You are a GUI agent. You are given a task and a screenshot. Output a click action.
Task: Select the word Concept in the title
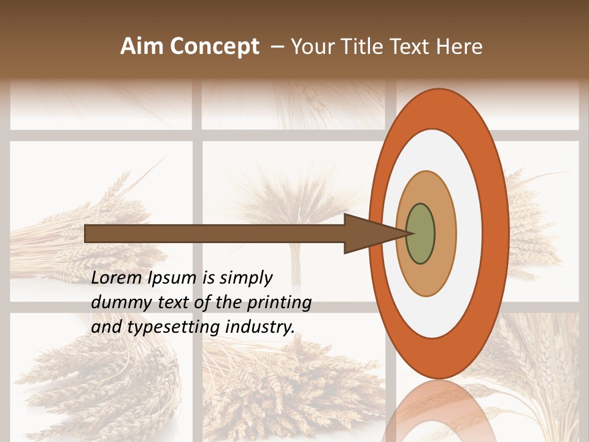pos(215,47)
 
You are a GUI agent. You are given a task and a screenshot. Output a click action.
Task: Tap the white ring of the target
pos(469,234)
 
